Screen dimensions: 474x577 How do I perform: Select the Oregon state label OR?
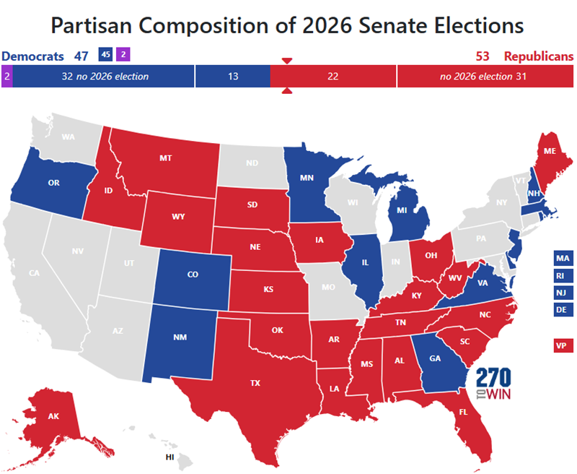53,183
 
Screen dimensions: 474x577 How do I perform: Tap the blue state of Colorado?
193,275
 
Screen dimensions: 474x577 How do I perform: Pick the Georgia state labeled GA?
435,357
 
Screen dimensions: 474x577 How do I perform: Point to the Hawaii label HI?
169,457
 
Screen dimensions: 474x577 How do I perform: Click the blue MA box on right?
563,258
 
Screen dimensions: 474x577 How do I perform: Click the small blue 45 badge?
105,54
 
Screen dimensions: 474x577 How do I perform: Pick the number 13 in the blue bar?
232,76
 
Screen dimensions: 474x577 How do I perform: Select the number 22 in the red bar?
332,76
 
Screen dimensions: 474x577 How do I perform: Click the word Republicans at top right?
538,56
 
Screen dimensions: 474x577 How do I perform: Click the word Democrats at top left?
31,56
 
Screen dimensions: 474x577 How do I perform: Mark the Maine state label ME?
550,152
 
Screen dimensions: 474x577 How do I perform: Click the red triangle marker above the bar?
286,60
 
